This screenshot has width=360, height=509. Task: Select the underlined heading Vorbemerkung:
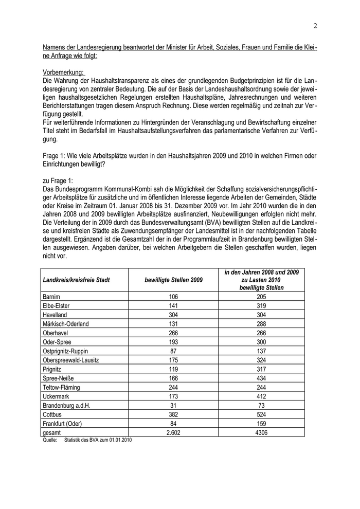coord(63,73)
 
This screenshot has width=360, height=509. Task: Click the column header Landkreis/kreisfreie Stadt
coord(77,280)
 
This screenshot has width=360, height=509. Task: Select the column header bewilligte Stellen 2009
coord(173,280)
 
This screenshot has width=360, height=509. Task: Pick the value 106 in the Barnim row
coord(173,296)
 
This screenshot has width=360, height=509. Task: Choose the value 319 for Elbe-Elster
coord(261,305)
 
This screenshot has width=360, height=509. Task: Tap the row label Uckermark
coord(58,396)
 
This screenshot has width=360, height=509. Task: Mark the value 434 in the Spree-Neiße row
coord(261,378)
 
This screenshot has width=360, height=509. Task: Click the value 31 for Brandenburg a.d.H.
coord(173,406)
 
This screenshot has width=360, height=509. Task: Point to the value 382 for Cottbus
coord(173,415)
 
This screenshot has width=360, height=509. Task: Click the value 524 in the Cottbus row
coord(261,415)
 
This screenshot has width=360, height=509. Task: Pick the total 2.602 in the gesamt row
coord(173,433)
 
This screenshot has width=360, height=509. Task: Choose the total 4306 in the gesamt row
coord(261,433)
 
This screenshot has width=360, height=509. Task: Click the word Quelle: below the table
coord(50,440)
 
